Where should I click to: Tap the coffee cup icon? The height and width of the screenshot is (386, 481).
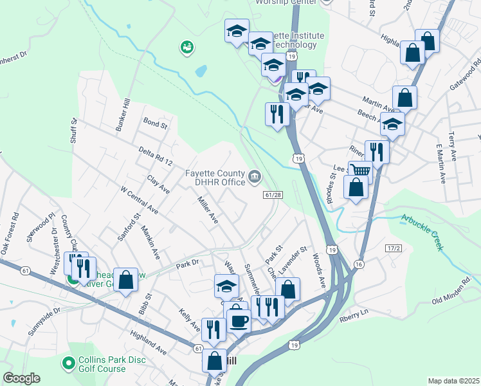click(239, 319)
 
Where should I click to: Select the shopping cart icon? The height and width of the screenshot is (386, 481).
click(360, 171)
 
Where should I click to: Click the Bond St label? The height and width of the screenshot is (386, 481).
click(155, 122)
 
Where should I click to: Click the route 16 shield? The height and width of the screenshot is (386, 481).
click(359, 264)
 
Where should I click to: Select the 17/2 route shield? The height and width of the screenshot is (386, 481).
click(394, 248)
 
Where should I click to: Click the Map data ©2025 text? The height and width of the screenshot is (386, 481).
click(453, 381)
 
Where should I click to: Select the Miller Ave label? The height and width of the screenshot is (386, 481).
click(206, 211)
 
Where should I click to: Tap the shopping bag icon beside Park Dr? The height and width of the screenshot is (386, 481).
click(126, 279)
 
